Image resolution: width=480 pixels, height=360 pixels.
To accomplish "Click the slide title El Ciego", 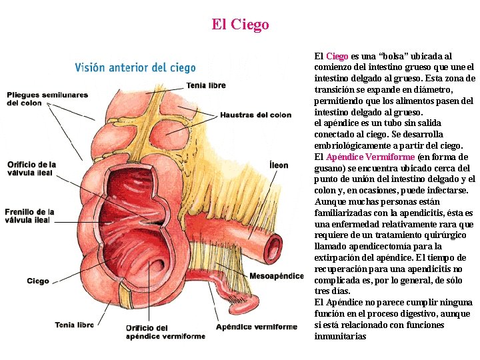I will click(240, 25).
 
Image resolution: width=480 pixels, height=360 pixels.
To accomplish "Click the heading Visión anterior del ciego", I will click(135, 67).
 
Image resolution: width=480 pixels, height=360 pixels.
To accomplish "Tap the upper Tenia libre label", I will click(206, 85).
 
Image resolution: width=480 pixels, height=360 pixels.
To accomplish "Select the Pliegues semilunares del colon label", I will click(47, 99).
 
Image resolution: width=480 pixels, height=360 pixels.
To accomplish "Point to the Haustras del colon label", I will click(255, 115).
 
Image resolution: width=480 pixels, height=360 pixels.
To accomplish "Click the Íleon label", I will click(279, 165).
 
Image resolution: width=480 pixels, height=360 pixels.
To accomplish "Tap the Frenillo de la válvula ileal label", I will click(29, 216).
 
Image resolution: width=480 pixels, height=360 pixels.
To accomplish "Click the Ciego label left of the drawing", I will click(38, 281).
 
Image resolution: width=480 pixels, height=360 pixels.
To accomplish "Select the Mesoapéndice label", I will click(276, 276).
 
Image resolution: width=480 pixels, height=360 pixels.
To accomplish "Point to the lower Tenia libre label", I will click(74, 325).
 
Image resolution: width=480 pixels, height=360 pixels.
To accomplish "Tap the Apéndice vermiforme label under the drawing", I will click(256, 327).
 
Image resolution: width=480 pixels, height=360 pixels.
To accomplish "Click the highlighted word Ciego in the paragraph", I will click(337, 57).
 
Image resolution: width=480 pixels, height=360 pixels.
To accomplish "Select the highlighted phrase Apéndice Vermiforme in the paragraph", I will click(370, 157).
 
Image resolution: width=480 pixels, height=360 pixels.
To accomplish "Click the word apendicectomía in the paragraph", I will click(375, 247).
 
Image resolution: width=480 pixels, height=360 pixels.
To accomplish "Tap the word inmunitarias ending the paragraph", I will click(340, 337).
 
